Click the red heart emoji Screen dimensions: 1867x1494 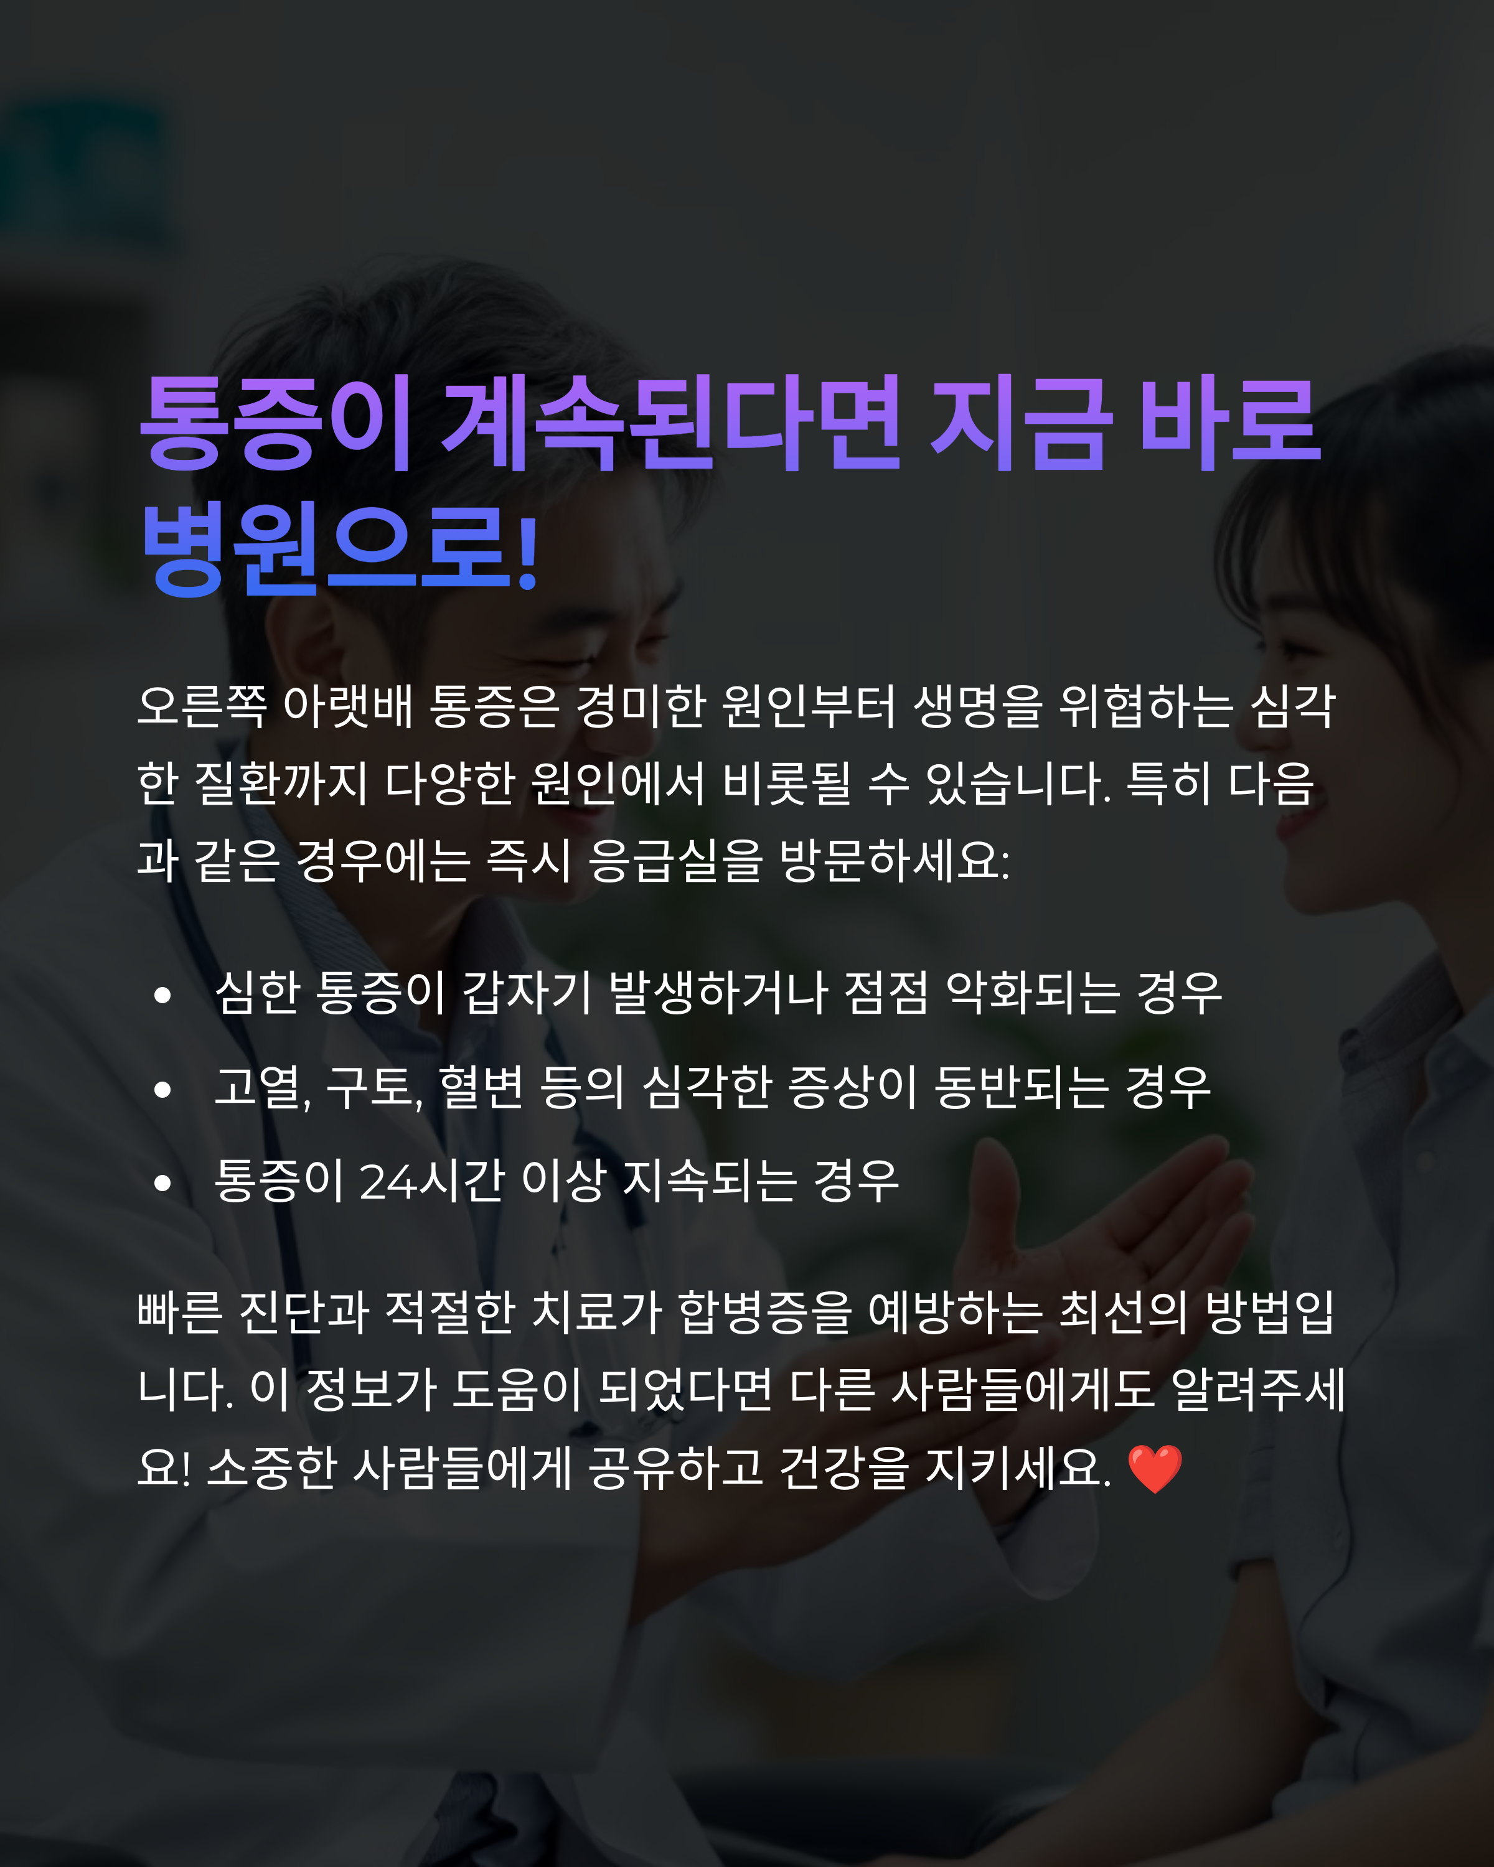1155,1469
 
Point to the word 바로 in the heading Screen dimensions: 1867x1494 1230,424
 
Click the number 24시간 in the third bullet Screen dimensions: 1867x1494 430,1181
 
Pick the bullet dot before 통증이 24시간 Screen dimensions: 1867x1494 162,1183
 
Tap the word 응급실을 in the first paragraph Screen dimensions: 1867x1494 675,861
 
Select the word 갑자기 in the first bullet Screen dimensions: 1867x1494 527,993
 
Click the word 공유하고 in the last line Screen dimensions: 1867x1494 675,1468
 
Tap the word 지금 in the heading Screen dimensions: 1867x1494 1020,424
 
